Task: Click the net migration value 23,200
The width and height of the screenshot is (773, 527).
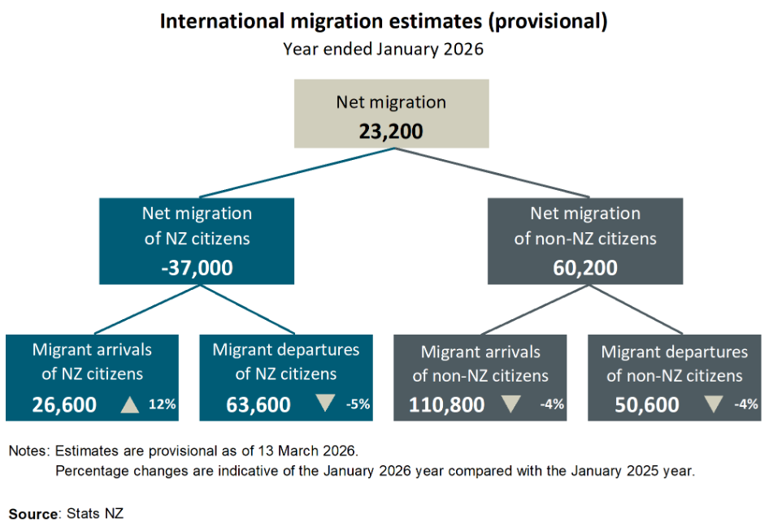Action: point(391,130)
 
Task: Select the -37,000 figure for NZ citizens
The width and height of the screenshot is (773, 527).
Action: point(197,267)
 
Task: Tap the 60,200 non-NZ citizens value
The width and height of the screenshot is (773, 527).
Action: point(584,267)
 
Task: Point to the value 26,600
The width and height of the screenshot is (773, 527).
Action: point(64,404)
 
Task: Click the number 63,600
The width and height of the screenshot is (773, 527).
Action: point(258,404)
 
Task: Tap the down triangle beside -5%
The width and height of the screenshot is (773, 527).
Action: point(325,403)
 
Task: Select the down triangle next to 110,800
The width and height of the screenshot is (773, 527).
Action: point(510,403)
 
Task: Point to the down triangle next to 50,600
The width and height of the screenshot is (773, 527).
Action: point(713,403)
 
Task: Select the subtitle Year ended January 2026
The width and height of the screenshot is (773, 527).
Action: point(383,49)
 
